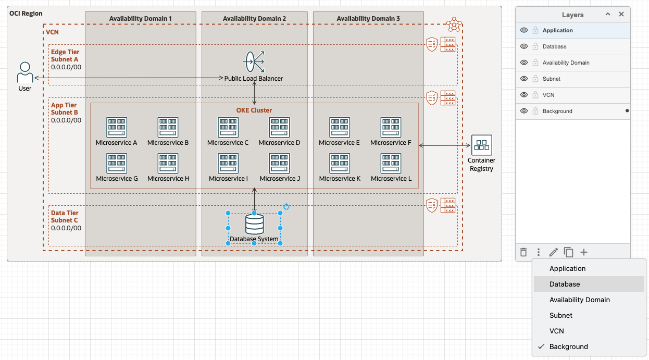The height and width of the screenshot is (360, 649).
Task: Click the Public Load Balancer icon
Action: click(254, 62)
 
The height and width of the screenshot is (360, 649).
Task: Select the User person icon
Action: click(24, 72)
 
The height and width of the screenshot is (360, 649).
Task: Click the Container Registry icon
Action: click(481, 145)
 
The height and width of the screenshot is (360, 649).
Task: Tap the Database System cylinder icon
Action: click(254, 225)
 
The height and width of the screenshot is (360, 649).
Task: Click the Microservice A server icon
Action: click(117, 127)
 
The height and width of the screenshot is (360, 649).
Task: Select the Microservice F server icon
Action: click(391, 127)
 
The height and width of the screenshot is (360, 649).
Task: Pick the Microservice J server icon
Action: click(279, 163)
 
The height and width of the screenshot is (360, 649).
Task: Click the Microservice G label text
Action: click(117, 179)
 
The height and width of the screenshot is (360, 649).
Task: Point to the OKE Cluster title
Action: click(254, 110)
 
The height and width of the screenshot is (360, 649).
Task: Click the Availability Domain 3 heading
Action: click(368, 19)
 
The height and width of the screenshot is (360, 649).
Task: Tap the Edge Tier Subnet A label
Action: click(65, 56)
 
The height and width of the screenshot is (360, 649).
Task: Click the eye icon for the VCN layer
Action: click(524, 95)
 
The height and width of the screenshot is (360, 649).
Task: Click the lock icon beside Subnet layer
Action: click(535, 79)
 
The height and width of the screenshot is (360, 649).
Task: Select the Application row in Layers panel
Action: click(573, 30)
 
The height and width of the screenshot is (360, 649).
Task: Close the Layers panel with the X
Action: click(621, 15)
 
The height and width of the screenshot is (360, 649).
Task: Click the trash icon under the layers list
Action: click(523, 252)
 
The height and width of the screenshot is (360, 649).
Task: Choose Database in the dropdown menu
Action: click(565, 284)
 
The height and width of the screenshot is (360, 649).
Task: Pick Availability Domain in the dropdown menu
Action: click(579, 300)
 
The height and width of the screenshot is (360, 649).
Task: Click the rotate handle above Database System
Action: click(286, 207)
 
